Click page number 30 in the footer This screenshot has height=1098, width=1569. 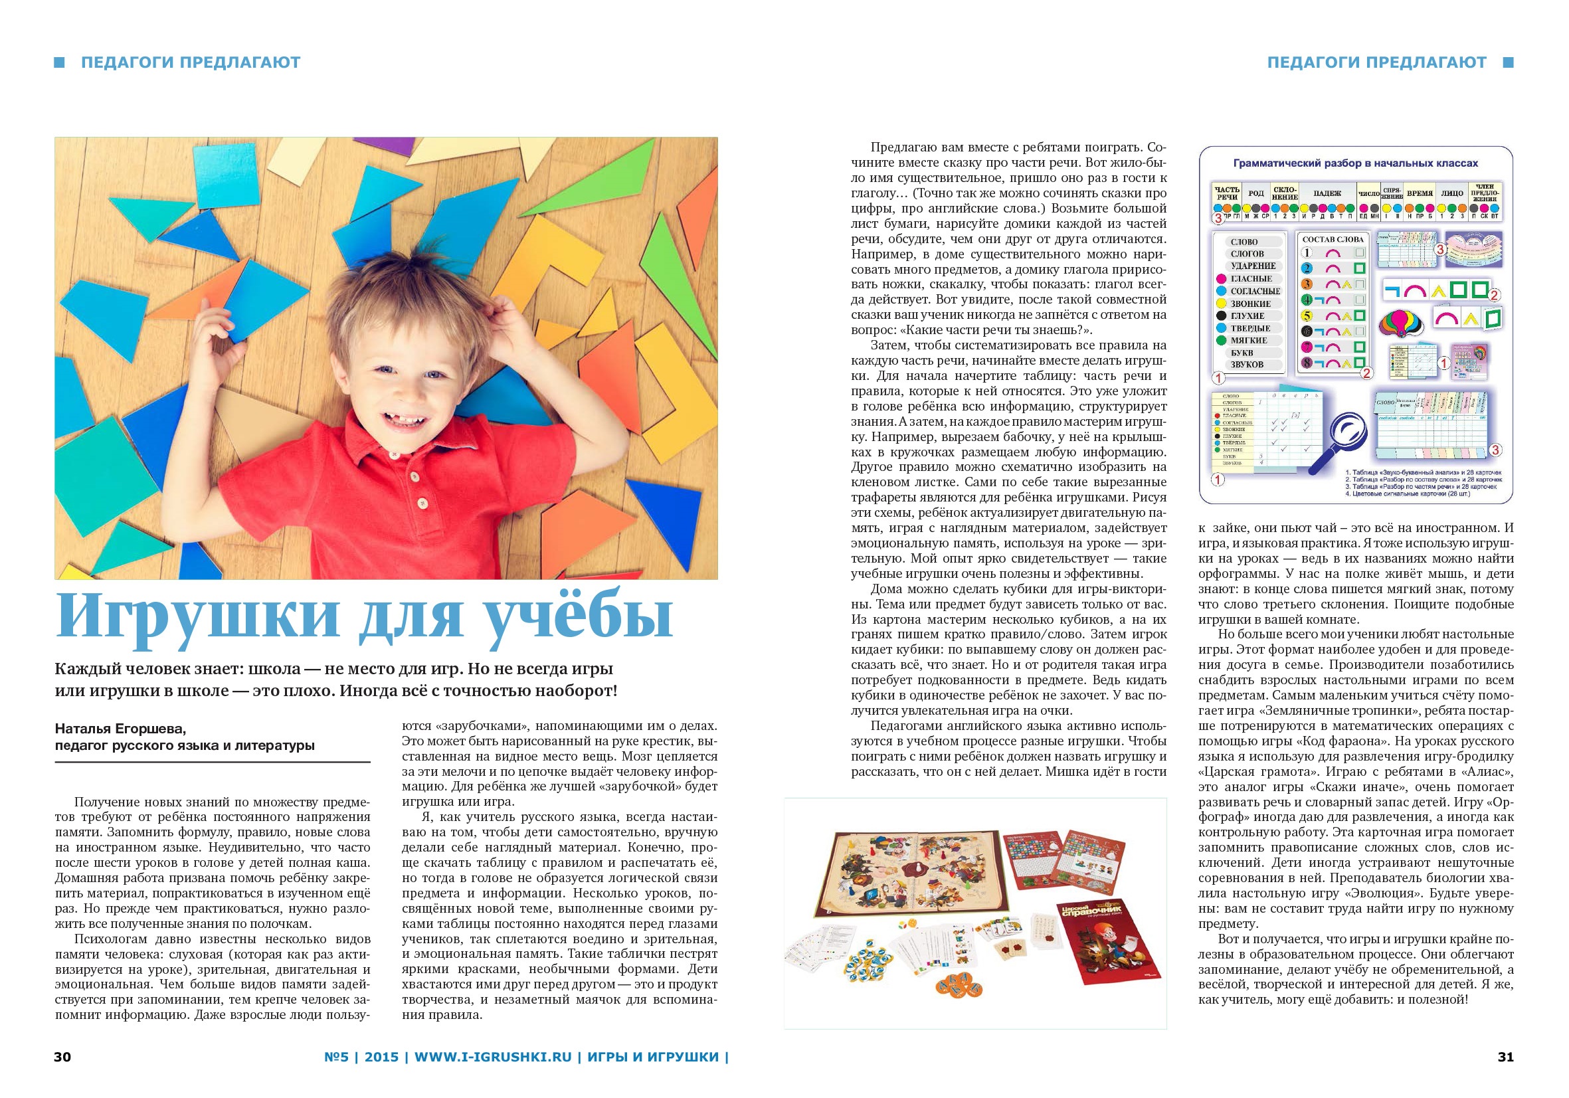tap(62, 1057)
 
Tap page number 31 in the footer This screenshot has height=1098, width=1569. tap(1505, 1057)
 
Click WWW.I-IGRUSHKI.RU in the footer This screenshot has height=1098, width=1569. tap(493, 1057)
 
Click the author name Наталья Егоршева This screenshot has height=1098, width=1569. tap(120, 729)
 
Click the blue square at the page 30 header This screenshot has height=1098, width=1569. tap(60, 62)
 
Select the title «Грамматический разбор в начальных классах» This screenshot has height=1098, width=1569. tap(1355, 163)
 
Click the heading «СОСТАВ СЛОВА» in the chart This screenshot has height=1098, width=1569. tap(1332, 239)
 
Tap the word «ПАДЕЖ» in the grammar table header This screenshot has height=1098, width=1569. tap(1327, 193)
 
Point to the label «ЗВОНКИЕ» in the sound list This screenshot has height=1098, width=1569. tap(1251, 304)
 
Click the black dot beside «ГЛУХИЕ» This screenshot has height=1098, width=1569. tap(1220, 316)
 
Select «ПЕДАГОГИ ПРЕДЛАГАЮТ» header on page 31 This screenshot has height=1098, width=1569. tap(1376, 62)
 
